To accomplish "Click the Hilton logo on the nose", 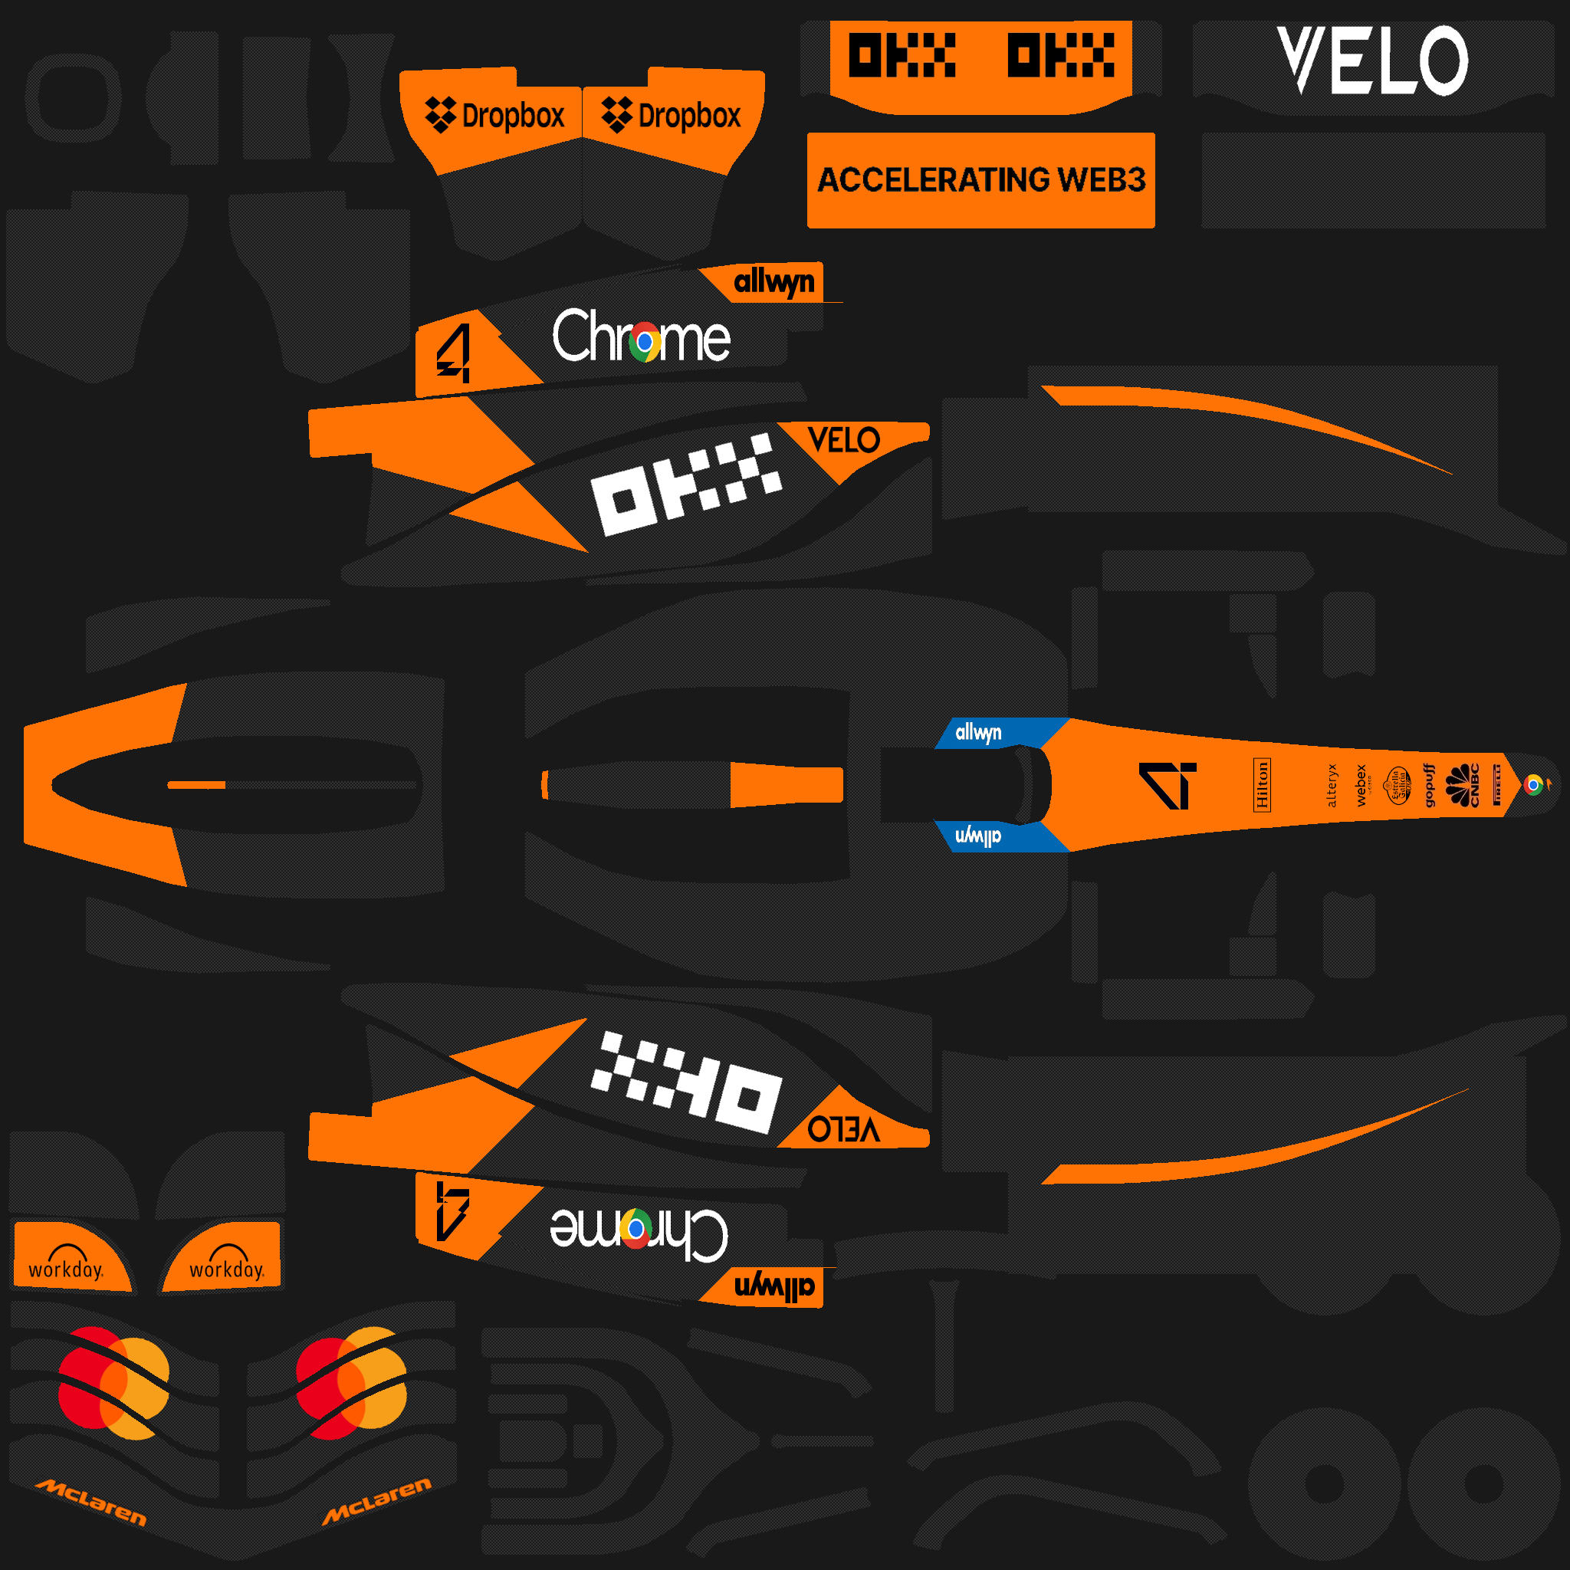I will click(1261, 785).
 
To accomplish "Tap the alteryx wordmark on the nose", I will click(1331, 785).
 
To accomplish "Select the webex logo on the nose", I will click(1362, 785).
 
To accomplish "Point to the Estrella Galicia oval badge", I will click(1398, 785).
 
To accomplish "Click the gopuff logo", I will click(1430, 785).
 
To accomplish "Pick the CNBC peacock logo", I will click(1463, 785).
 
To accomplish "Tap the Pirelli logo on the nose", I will click(1497, 785).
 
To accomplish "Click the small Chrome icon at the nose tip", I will click(1532, 785).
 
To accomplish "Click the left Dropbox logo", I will click(494, 116).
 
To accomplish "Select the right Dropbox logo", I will click(672, 116).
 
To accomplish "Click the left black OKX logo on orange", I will click(902, 55).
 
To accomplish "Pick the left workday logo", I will click(66, 1261).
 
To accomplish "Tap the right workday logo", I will click(227, 1261).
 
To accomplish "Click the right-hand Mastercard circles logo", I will click(351, 1383).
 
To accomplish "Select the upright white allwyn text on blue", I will click(978, 732).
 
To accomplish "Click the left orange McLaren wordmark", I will click(91, 1502).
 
